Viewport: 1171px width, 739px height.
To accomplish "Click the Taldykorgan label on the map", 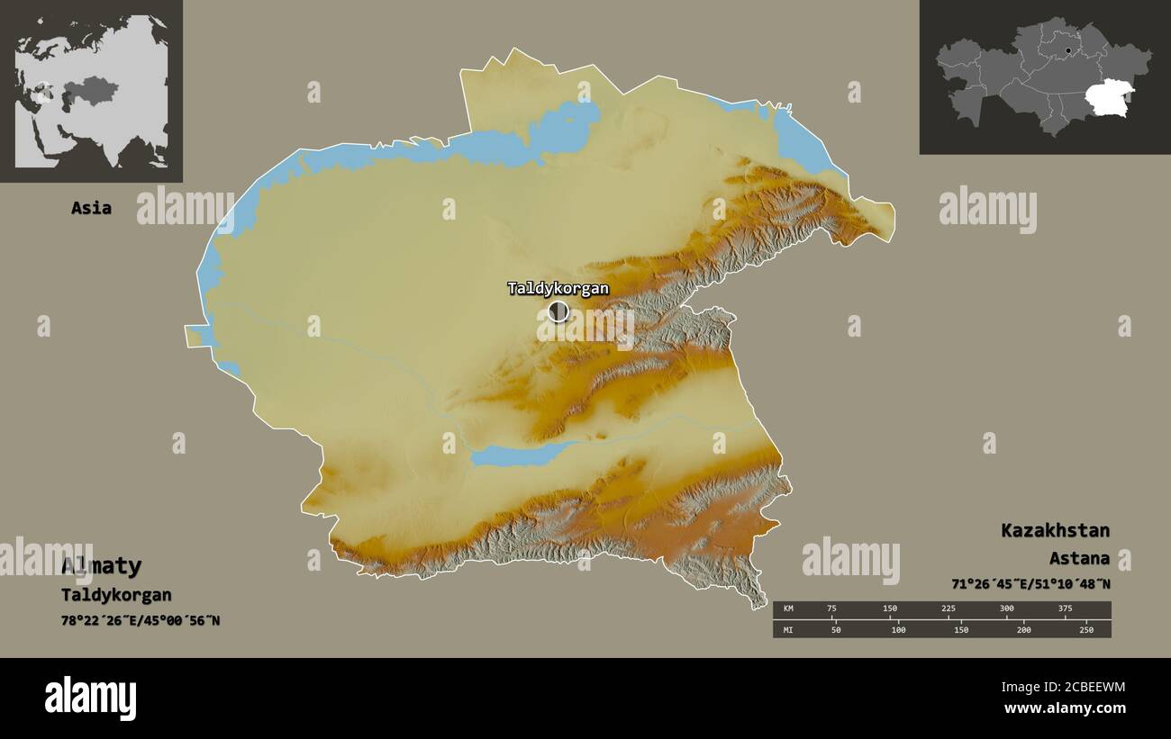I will [558, 289].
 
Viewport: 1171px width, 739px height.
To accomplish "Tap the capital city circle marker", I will [558, 311].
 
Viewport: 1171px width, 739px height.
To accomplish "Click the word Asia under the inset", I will [91, 208].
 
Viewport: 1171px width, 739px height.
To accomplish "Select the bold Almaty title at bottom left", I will [101, 566].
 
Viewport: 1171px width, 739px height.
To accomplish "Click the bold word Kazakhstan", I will [1055, 530].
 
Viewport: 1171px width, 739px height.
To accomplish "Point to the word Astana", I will [1079, 559].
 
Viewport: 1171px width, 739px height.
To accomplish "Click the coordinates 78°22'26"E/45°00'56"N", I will [141, 620].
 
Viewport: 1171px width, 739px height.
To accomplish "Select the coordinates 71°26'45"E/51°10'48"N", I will [1030, 584].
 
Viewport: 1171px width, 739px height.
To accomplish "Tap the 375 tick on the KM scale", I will [1065, 608].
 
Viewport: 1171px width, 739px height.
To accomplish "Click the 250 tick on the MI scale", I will [1086, 629].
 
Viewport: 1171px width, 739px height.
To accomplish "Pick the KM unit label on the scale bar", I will [789, 608].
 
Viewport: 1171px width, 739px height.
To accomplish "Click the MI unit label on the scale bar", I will [789, 629].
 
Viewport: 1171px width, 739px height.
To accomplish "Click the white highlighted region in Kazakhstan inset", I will [1109, 97].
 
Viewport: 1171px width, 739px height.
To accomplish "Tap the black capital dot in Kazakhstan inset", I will [1067, 51].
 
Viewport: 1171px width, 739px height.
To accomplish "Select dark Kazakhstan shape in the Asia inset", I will [90, 89].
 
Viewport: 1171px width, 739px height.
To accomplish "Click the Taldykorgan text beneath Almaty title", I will [116, 595].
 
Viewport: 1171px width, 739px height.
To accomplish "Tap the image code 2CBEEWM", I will [1063, 688].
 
